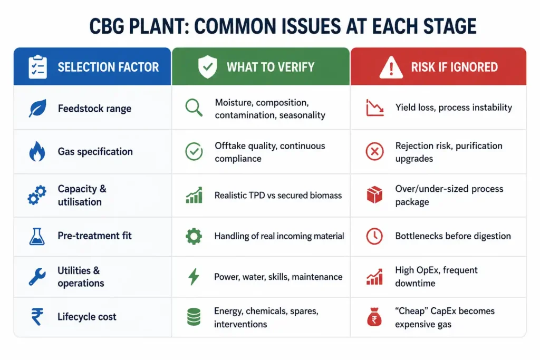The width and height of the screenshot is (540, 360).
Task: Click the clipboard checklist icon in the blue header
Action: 37,67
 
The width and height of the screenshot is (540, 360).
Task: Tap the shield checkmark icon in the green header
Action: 208,67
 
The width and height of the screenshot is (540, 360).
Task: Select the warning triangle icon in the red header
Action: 391,67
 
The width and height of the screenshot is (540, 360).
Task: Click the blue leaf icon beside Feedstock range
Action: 37,108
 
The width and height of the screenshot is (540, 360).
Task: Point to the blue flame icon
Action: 37,151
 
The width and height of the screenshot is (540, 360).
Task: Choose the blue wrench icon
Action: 37,276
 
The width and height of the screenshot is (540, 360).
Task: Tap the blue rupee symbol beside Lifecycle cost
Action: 37,316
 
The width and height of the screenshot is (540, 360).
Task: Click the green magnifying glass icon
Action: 194,108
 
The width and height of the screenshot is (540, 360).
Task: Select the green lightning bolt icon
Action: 194,276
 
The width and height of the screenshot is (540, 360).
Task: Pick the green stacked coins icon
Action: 194,317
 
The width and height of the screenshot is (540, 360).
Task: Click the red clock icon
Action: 374,236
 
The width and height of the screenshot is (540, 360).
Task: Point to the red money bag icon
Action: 374,317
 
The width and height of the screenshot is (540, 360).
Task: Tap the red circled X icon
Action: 375,151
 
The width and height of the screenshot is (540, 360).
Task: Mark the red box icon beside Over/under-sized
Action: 374,195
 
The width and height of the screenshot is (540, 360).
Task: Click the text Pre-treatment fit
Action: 95,236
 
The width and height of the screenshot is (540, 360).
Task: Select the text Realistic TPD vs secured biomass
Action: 278,195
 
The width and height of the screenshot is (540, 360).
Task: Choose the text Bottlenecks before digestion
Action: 453,236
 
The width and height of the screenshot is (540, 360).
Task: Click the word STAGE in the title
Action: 450,26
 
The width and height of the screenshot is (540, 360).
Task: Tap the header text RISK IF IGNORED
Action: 454,67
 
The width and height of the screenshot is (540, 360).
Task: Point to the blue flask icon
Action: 37,236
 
